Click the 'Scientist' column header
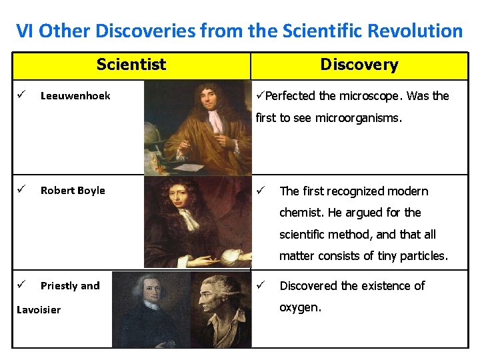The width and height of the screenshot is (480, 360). (131, 65)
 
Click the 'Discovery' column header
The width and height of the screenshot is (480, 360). (359, 65)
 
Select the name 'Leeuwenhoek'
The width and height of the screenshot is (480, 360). (75, 96)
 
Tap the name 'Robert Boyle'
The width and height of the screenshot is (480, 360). (73, 191)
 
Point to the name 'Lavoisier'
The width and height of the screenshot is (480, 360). (39, 309)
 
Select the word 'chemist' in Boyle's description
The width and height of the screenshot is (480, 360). (301, 213)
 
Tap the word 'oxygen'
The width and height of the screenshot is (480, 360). (300, 308)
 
